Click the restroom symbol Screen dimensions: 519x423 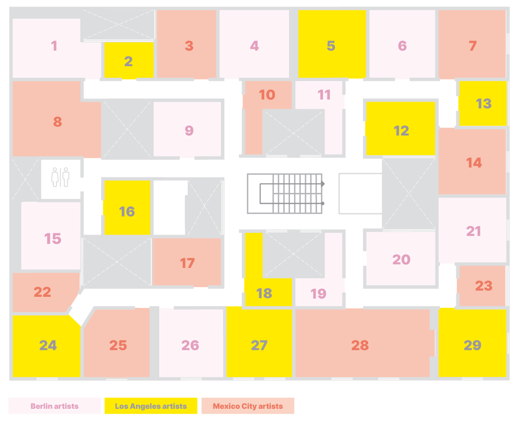coord(60,177)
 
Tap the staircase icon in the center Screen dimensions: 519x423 coord(285,193)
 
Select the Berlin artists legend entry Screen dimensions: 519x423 coord(54,406)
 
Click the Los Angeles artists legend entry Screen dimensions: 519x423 coord(151,406)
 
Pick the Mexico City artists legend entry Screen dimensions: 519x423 coord(248,406)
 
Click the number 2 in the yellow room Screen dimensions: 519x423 coord(129,61)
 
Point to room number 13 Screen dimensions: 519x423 coord(483,104)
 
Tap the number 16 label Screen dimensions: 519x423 coord(127,211)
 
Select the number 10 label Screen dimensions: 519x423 coord(267,95)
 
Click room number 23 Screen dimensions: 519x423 coord(483,286)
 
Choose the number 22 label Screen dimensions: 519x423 coord(42,292)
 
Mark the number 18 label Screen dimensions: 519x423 coord(264,293)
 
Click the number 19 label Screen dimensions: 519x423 coord(318,293)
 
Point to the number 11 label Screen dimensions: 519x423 coord(324,95)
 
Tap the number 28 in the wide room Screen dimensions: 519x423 coord(360,345)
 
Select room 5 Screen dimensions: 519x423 coord(331,46)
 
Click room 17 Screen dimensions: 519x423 coord(187,263)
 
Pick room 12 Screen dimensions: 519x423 coord(401,131)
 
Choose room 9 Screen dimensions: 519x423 coord(189,130)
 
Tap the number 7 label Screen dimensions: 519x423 coord(473,46)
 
